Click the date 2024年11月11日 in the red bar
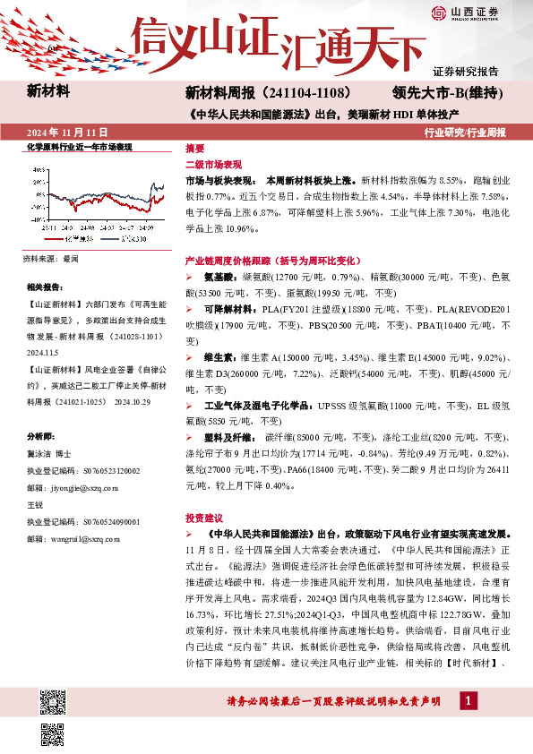coord(64,132)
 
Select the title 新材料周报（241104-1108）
coord(273,92)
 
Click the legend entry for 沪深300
coord(131,240)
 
